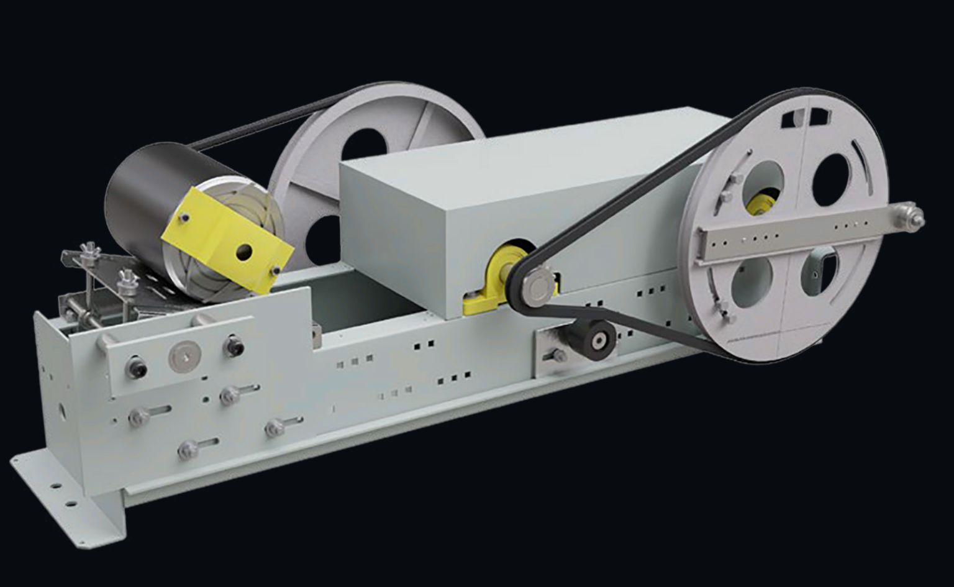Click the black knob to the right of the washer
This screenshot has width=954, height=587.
coord(234,345)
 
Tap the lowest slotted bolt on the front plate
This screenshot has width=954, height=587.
coord(188,450)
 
